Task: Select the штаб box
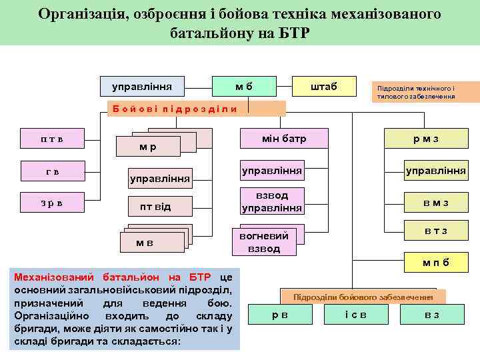[324, 86]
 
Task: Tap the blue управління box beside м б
[141, 86]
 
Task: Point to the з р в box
[51, 202]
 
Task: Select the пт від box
[155, 207]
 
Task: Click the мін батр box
[284, 139]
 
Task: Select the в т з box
[435, 231]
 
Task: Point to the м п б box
[435, 262]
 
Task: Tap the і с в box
[355, 314]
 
